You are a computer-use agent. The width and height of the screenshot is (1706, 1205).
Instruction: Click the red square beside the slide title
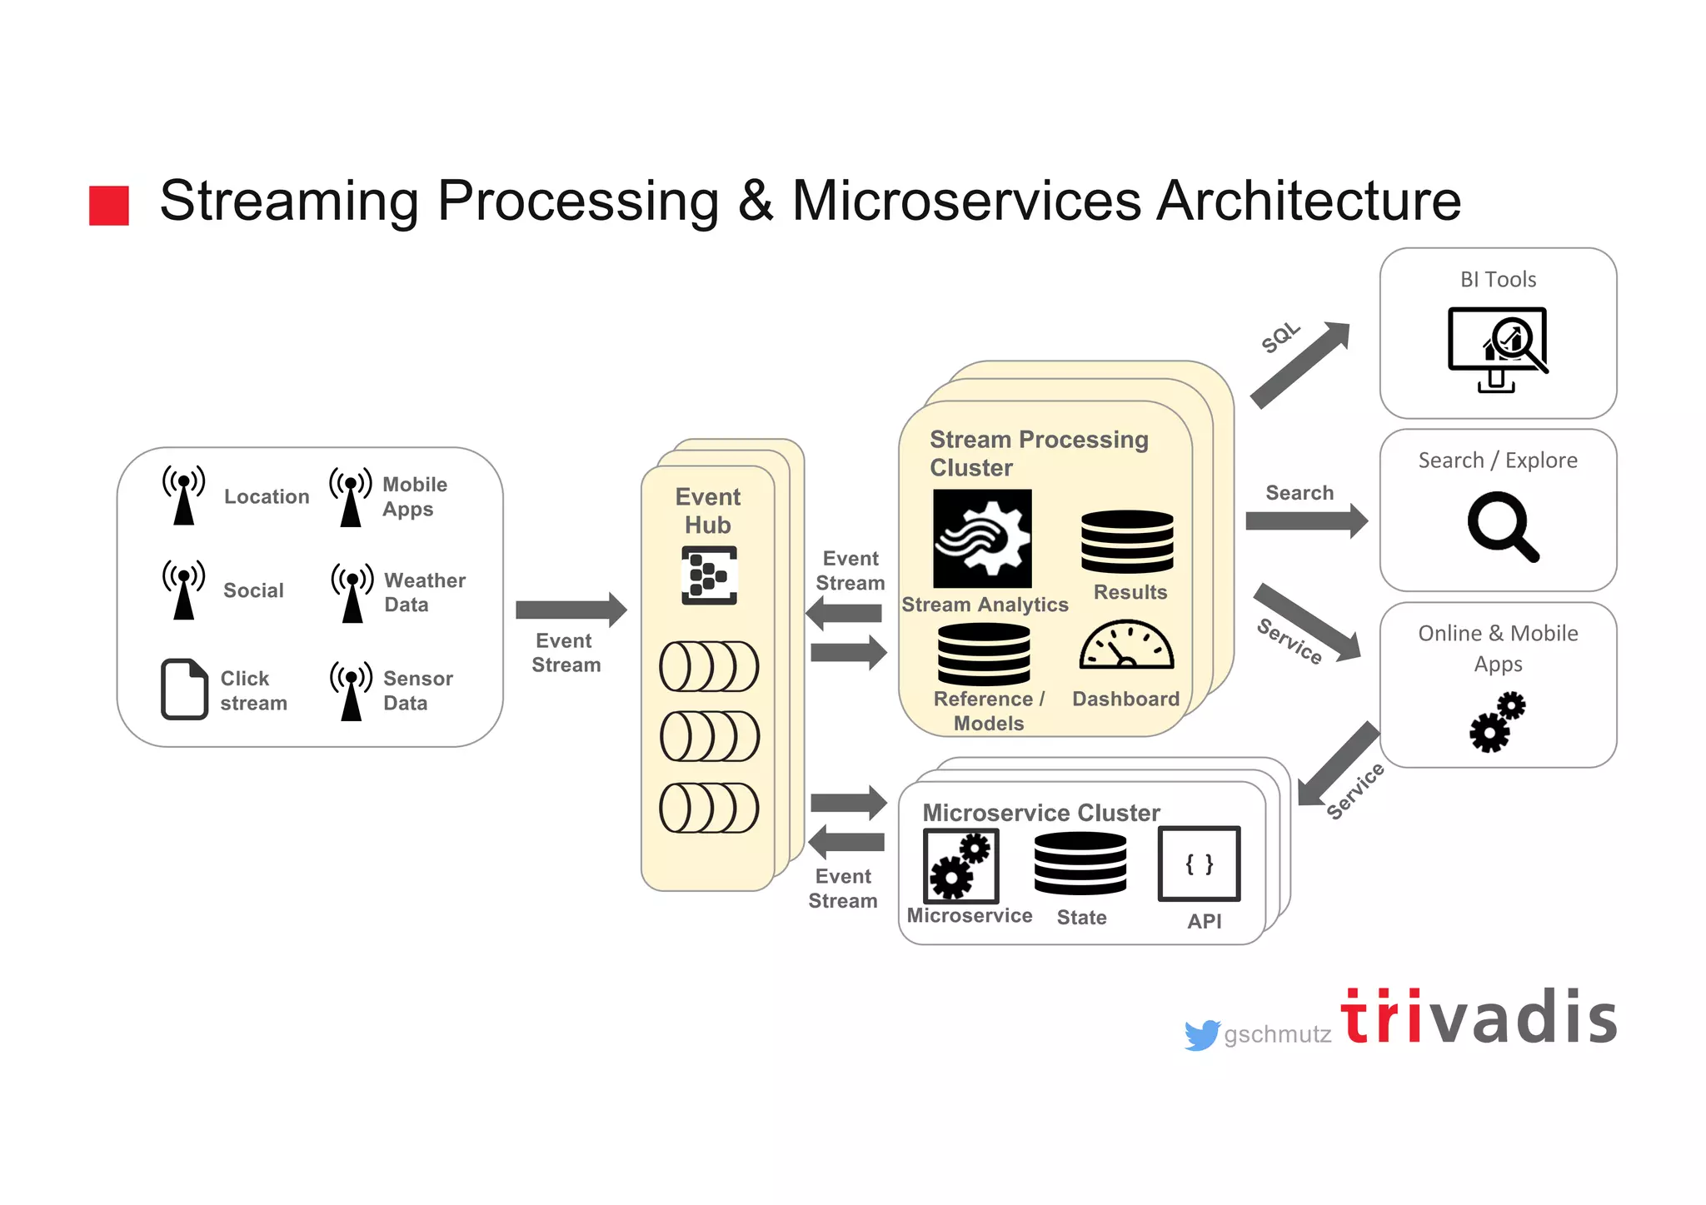tap(109, 206)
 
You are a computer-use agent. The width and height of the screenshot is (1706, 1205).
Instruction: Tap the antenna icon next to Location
tap(184, 495)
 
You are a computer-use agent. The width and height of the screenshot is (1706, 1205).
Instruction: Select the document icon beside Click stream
tap(183, 689)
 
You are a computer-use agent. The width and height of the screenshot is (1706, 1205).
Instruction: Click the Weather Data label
tap(424, 592)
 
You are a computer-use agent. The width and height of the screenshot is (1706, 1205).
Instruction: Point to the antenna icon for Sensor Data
tap(352, 690)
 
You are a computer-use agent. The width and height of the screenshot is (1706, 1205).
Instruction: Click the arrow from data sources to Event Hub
tap(571, 610)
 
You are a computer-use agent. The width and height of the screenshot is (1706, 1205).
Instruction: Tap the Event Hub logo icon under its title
tap(709, 575)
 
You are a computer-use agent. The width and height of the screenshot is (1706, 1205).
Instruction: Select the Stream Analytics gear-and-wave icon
tap(982, 538)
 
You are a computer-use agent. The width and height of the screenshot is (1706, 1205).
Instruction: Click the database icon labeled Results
tap(1127, 541)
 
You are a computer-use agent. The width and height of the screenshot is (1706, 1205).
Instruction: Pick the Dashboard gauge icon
tap(1126, 645)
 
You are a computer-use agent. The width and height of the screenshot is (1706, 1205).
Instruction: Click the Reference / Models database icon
tap(984, 654)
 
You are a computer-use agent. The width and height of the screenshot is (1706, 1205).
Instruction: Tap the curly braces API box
tap(1199, 864)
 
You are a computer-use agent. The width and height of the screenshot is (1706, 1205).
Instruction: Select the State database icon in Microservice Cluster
tap(1080, 863)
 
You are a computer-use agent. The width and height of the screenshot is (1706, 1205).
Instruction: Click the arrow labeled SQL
tap(1300, 365)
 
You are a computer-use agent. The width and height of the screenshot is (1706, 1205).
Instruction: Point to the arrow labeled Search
tap(1305, 521)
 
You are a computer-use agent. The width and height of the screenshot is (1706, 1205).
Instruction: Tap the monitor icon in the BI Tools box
tap(1498, 348)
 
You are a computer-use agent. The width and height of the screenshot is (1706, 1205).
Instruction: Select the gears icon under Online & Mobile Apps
tap(1497, 722)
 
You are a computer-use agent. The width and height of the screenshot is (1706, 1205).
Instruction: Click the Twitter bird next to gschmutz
tap(1201, 1034)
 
